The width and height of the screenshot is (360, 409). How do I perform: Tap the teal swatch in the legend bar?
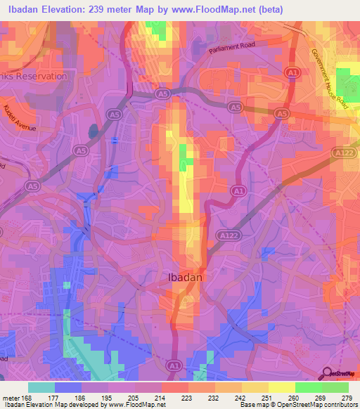(x=41, y=387)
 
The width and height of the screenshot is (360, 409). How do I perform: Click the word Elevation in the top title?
(x=67, y=9)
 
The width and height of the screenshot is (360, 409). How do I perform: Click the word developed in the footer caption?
(x=82, y=405)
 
